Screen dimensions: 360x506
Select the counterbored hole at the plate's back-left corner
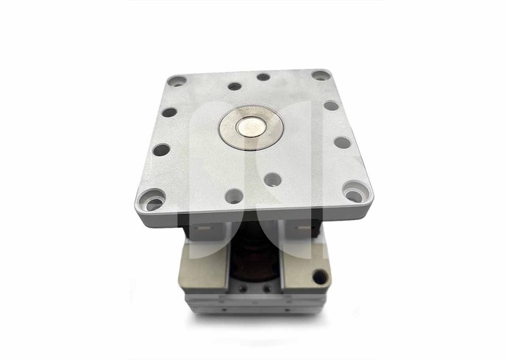click(x=177, y=82)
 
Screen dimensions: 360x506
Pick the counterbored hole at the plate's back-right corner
click(x=320, y=75)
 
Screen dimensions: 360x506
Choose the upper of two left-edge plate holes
click(x=169, y=112)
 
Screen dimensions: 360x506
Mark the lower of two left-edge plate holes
click(x=161, y=150)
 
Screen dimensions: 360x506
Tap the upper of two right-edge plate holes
click(x=331, y=106)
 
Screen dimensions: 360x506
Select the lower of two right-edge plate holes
click(x=342, y=142)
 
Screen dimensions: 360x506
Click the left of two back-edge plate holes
click(x=234, y=86)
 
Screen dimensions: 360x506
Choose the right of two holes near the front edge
click(x=273, y=179)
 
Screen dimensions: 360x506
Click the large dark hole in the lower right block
click(x=320, y=276)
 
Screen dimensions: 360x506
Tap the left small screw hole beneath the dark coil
click(x=243, y=288)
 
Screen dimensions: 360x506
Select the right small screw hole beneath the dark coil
click(x=267, y=288)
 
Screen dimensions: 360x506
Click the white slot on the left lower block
click(x=203, y=230)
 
